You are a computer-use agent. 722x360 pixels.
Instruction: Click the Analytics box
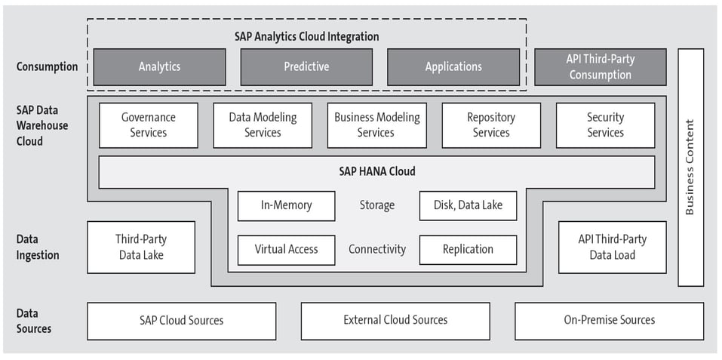[x=159, y=67]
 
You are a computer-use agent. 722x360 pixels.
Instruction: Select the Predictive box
[x=306, y=67]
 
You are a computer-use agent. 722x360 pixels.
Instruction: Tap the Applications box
[x=453, y=67]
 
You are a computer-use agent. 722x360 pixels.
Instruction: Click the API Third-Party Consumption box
[x=600, y=67]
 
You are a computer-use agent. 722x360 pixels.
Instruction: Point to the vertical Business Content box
[x=690, y=168]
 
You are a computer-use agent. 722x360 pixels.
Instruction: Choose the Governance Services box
[x=149, y=125]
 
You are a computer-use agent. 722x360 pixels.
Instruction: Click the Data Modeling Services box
[x=263, y=125]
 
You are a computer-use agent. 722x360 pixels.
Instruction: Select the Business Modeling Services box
[x=376, y=125]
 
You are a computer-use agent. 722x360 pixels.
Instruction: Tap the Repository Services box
[x=491, y=125]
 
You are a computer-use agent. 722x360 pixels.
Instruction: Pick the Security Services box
[x=605, y=125]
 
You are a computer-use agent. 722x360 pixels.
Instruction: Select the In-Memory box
[x=286, y=205]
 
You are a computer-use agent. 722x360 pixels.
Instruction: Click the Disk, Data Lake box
[x=468, y=205]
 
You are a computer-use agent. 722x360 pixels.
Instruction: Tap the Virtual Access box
[x=286, y=250]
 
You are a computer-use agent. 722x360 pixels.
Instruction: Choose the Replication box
[x=468, y=250]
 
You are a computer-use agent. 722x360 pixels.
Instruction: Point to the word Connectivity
[x=376, y=250]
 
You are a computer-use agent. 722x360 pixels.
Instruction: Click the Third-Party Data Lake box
[x=141, y=247]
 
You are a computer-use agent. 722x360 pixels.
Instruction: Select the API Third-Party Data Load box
[x=612, y=247]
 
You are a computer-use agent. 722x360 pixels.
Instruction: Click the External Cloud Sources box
[x=395, y=321]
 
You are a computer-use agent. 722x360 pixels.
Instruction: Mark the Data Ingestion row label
[x=38, y=248]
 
